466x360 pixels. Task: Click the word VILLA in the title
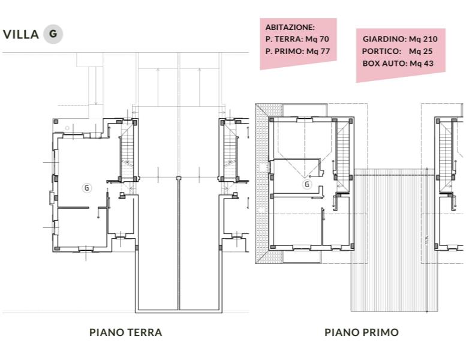(x=21, y=34)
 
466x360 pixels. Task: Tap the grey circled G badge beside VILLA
(x=53, y=34)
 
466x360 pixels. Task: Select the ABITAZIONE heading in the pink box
(x=290, y=27)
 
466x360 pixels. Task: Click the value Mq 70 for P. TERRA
(x=317, y=39)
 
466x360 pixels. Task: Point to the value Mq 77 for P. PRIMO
(x=318, y=51)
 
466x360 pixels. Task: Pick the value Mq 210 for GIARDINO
(x=423, y=39)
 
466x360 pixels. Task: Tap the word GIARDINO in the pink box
(x=384, y=39)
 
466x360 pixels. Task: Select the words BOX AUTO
(x=385, y=63)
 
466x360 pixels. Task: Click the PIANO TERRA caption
(x=125, y=332)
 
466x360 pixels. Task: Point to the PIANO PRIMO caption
(x=361, y=332)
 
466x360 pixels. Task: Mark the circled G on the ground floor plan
(x=86, y=188)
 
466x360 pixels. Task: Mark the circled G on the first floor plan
(x=307, y=184)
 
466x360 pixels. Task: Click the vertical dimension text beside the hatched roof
(x=425, y=241)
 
